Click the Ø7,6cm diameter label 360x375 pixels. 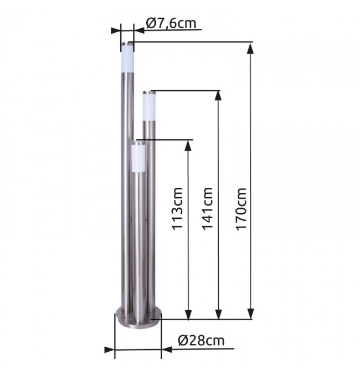(x=171, y=23)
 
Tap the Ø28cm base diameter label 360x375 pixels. (x=201, y=340)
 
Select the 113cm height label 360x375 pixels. (x=178, y=209)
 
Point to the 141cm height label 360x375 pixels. (x=207, y=208)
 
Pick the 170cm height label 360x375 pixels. (x=241, y=209)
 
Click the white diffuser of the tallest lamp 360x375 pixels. (x=127, y=58)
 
